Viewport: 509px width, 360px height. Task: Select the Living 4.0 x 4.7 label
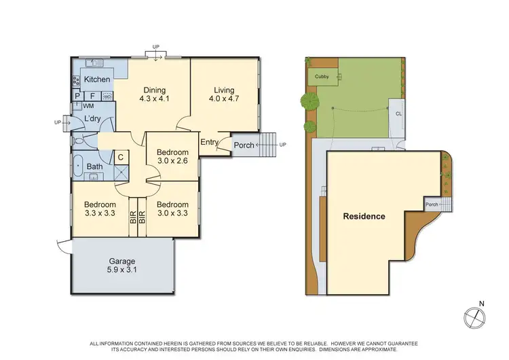(x=224, y=94)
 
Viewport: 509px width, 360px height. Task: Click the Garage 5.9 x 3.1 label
(x=122, y=266)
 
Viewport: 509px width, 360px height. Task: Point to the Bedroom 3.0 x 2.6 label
(x=172, y=156)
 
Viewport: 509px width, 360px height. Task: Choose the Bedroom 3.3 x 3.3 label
(x=100, y=209)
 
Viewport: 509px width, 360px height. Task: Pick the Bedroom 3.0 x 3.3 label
(x=172, y=209)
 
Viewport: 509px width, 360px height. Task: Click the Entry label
(x=208, y=142)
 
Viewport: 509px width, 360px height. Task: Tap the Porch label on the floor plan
(x=244, y=145)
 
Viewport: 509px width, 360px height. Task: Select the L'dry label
(x=92, y=120)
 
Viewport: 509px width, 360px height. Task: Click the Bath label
(x=95, y=166)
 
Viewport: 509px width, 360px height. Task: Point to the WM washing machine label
(x=88, y=106)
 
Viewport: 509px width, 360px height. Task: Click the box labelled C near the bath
(x=120, y=157)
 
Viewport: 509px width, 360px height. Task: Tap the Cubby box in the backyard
(x=322, y=77)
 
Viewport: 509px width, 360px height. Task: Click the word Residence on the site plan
(x=364, y=217)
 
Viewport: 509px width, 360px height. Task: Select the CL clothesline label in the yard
(x=398, y=114)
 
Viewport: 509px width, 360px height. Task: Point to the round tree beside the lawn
(x=309, y=102)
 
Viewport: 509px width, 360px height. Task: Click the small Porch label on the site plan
(x=431, y=204)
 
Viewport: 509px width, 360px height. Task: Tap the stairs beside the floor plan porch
(x=269, y=144)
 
